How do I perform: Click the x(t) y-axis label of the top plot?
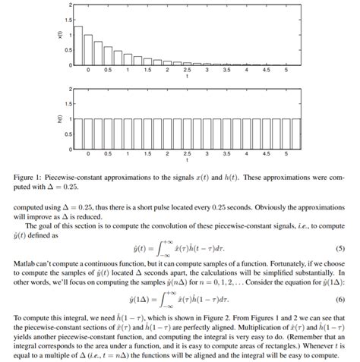click(58, 34)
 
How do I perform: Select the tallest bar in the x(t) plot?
click(77, 46)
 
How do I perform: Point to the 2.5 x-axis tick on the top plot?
click(187, 69)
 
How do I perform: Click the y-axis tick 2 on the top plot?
click(66, 5)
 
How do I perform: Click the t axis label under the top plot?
click(187, 77)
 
